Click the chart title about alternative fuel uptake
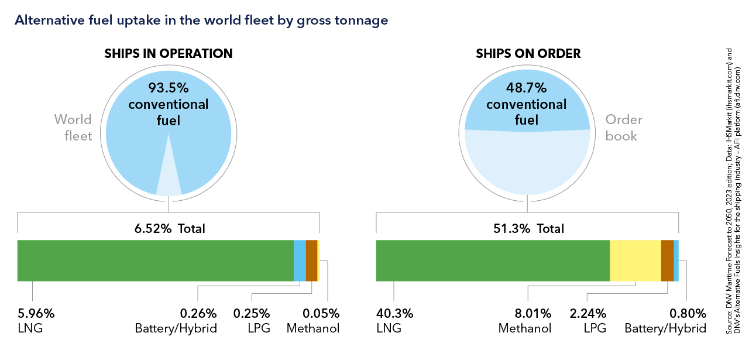pyautogui.click(x=201, y=20)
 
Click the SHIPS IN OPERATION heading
pyautogui.click(x=169, y=54)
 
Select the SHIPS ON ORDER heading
pyautogui.click(x=528, y=54)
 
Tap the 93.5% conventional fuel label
pyautogui.click(x=169, y=105)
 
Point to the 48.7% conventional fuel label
pyautogui.click(x=527, y=105)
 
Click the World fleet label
pyautogui.click(x=73, y=128)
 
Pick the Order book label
pyautogui.click(x=624, y=128)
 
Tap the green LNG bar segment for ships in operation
pyautogui.click(x=155, y=260)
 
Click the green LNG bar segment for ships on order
pyautogui.click(x=493, y=260)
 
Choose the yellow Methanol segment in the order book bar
pyautogui.click(x=635, y=260)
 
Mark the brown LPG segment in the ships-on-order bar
pyautogui.click(x=667, y=260)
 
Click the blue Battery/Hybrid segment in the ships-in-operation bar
pyautogui.click(x=300, y=260)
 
